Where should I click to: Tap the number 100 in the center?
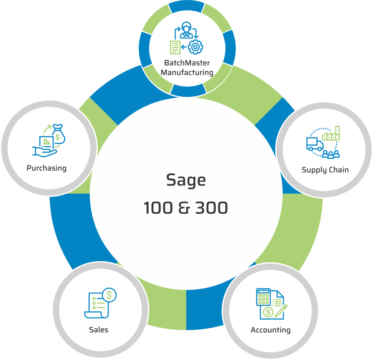point(158,207)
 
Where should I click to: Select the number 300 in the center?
point(212,207)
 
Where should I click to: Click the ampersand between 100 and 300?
point(184,207)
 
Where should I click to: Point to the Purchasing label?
point(47,168)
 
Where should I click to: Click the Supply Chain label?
point(325,170)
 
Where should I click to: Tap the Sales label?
point(98,330)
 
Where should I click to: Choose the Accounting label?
point(271,330)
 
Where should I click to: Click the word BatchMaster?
point(187,63)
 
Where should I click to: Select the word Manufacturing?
point(187,72)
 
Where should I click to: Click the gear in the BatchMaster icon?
point(196,47)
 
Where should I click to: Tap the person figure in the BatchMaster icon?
point(186,30)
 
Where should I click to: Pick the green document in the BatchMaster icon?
point(175,47)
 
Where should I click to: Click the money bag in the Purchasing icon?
point(59,134)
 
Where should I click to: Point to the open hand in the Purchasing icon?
point(44,152)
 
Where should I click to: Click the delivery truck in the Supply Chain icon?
point(315,144)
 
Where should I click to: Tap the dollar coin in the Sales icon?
point(109,295)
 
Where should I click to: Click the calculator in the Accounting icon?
point(263,297)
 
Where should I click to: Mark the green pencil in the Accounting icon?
point(281,311)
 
